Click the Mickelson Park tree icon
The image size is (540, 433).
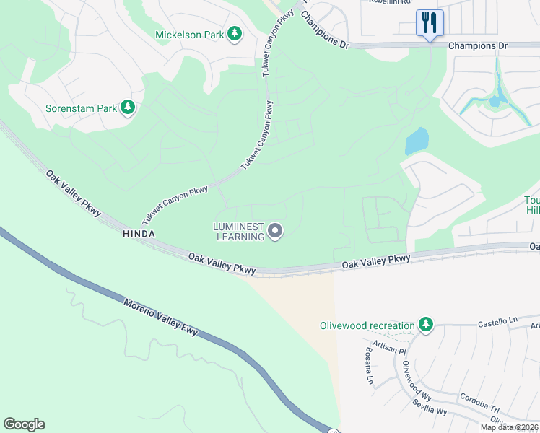[x=234, y=33]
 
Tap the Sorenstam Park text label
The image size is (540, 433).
[x=82, y=108]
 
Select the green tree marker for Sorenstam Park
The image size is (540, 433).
[x=128, y=108]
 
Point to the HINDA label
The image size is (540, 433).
[x=139, y=234]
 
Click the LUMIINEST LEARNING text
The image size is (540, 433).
[x=238, y=231]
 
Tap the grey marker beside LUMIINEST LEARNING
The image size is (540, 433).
[x=275, y=231]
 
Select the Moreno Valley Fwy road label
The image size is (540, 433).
[x=160, y=318]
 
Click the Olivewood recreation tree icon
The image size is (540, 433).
[x=427, y=325]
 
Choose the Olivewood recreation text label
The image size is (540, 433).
[x=367, y=325]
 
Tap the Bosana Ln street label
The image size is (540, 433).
[x=369, y=369]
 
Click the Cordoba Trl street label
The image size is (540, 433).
[x=479, y=403]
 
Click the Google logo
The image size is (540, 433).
[x=24, y=424]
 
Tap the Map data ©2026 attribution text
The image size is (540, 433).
[x=510, y=427]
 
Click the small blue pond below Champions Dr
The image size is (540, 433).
[x=417, y=141]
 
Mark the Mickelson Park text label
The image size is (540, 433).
[x=189, y=34]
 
